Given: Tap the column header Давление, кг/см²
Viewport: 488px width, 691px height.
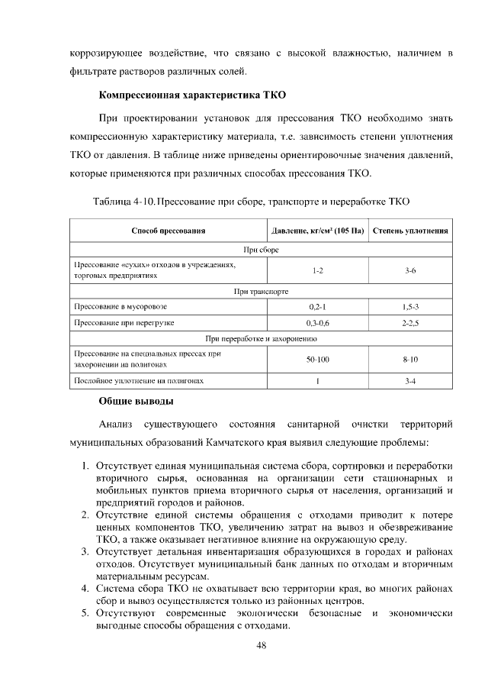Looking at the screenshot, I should [x=317, y=230].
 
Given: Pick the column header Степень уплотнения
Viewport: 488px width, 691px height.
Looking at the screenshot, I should [x=409, y=230].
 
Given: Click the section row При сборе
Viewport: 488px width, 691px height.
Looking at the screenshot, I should [x=261, y=250].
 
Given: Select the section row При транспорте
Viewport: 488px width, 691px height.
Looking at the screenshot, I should [x=261, y=290].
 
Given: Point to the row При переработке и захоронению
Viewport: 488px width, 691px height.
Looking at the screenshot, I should [x=261, y=337].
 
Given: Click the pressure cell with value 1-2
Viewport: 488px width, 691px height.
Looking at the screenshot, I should [x=317, y=270].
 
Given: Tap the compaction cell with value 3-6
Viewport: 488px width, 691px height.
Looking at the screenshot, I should [x=409, y=270].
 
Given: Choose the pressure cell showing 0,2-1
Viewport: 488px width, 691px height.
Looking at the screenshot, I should [x=317, y=306].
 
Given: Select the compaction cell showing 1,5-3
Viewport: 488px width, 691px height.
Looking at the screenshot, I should [x=409, y=306].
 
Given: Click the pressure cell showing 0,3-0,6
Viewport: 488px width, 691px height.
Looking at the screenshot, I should [x=317, y=323].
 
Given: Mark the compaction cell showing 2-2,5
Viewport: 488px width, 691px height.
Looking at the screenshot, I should [x=409, y=323].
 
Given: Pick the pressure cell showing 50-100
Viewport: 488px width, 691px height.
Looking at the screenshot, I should [x=317, y=358].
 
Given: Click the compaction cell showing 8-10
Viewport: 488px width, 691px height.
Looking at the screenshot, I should [x=409, y=358].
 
